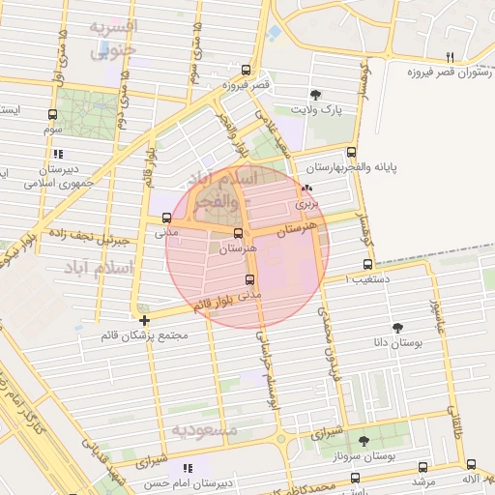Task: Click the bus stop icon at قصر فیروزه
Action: click(246, 71)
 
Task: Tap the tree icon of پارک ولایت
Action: click(316, 94)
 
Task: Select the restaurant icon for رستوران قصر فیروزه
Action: click(450, 57)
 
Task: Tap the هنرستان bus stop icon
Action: click(238, 233)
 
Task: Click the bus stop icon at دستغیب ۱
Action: click(367, 264)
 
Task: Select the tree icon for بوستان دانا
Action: click(397, 328)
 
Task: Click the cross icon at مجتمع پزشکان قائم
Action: click(144, 320)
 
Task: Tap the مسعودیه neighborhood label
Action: click(204, 427)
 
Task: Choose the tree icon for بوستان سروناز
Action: click(364, 440)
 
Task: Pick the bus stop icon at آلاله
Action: click(471, 464)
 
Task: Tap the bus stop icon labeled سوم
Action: click(51, 113)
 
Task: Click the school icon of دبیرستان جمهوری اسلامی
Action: click(58, 153)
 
